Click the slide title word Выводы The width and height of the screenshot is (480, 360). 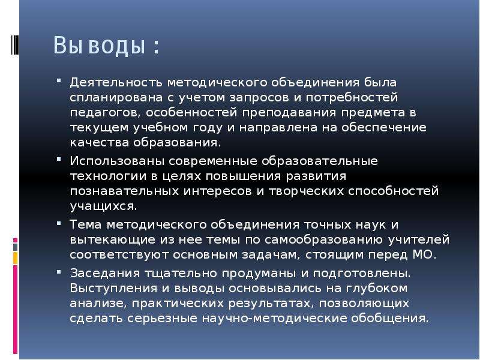99,46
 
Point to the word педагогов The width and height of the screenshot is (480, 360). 106,113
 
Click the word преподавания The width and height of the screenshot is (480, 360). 289,113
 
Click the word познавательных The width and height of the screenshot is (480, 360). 124,191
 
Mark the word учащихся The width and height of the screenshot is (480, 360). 103,206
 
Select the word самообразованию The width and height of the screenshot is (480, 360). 323,239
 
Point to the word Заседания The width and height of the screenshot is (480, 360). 104,273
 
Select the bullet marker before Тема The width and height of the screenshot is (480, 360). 59,223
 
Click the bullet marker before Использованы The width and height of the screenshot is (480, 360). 59,160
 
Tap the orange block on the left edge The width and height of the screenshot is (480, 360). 16,258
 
